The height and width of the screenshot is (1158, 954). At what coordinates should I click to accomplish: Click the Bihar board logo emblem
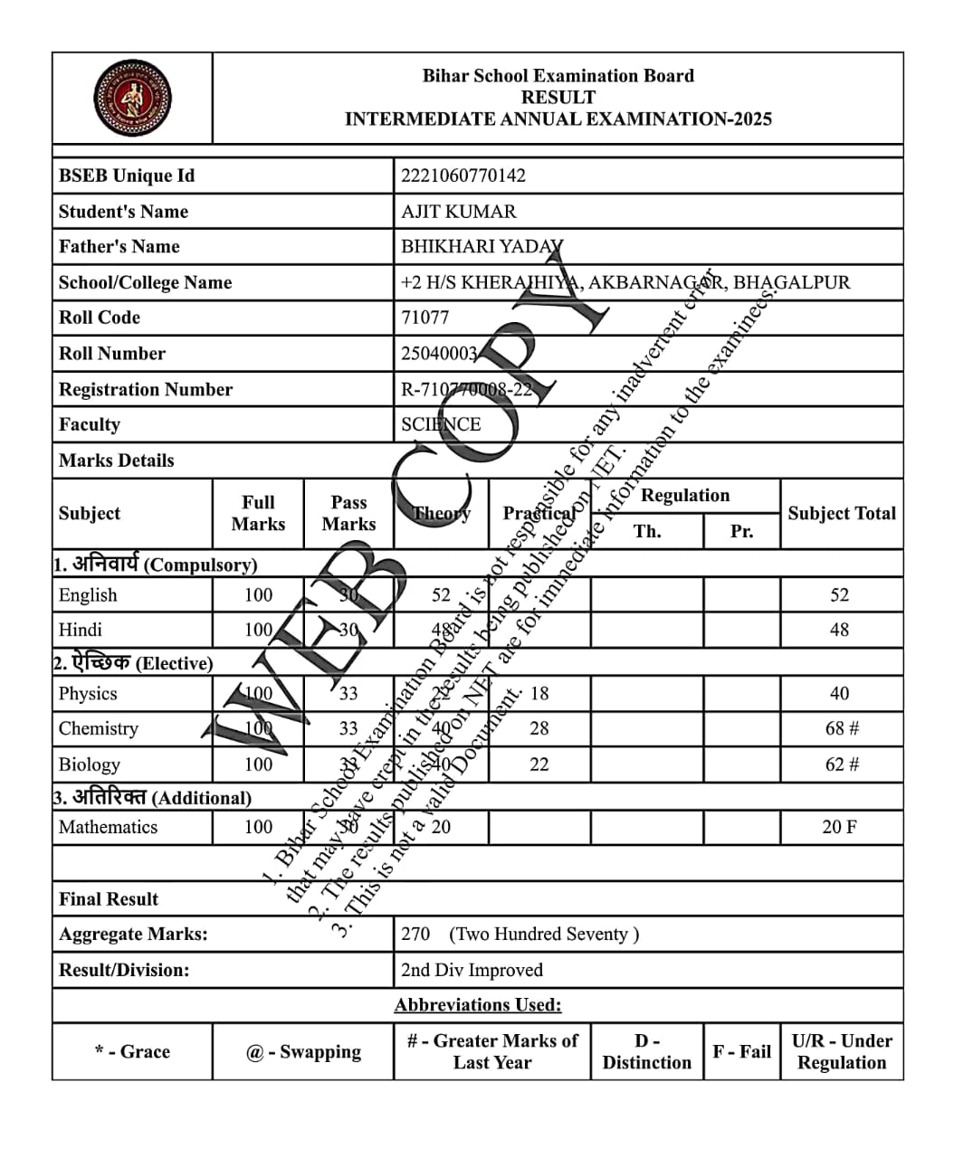132,98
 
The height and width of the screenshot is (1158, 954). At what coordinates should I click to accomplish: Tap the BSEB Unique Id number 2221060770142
463,176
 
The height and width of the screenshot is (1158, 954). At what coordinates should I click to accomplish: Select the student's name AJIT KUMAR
458,212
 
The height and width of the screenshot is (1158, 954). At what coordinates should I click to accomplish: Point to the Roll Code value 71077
425,318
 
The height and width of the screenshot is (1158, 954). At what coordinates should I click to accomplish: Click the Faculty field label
89,424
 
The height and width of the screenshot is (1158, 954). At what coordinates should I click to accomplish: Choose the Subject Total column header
841,513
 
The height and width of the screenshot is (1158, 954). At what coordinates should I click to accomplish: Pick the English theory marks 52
441,595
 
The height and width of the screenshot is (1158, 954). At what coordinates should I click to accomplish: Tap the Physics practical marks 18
539,694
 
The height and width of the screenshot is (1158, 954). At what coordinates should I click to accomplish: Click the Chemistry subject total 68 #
841,728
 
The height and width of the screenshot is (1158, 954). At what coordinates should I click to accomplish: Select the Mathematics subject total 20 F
839,827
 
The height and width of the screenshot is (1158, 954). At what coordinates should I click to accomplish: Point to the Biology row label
89,764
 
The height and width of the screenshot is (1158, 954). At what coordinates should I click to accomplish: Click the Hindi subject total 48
839,630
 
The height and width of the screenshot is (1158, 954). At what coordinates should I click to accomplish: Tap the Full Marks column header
258,513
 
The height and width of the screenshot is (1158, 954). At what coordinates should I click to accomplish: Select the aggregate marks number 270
415,934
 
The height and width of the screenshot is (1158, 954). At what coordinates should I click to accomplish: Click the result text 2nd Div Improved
472,970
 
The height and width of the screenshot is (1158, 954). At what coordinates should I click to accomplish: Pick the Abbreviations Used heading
477,1005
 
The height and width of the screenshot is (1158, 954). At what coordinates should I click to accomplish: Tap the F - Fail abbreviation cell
741,1051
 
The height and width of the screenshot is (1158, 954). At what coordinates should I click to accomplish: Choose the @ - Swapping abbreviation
303,1051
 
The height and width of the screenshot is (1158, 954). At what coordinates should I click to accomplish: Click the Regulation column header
684,496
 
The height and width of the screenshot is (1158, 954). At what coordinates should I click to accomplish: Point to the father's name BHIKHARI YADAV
482,247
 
